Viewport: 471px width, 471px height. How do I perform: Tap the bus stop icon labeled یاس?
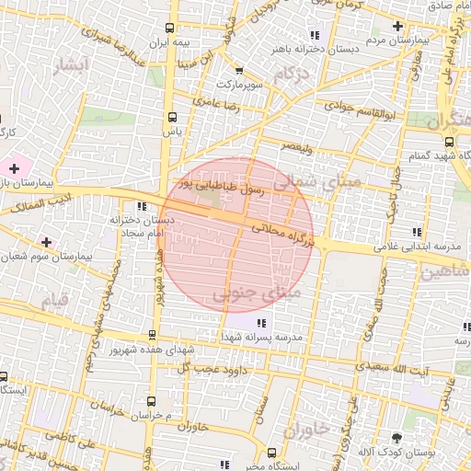171,117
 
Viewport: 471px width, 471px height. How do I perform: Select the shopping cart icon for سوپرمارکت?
239,70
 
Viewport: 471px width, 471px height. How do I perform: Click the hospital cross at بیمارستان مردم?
397,27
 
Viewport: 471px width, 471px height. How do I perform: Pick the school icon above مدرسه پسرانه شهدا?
261,323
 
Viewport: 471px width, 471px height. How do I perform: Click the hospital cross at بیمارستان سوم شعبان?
46,241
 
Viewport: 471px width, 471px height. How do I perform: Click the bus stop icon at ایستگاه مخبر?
272,452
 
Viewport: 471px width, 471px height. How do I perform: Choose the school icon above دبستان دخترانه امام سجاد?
141,206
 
